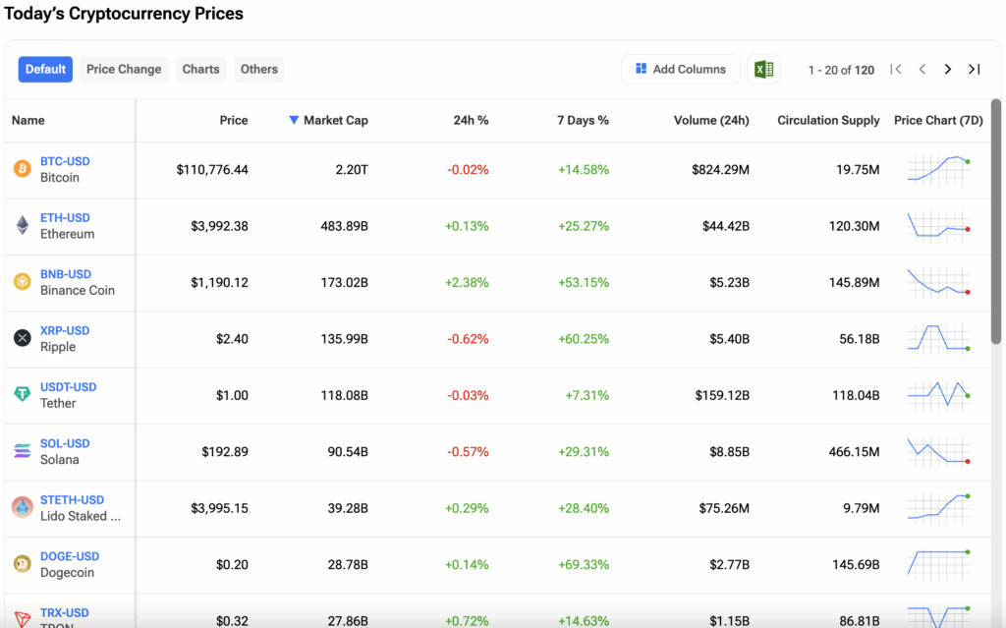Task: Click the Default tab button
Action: click(x=45, y=69)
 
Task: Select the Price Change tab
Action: click(x=124, y=69)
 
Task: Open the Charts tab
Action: click(x=200, y=69)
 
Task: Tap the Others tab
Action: click(x=259, y=69)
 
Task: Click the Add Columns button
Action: click(x=681, y=69)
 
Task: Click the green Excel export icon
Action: click(x=763, y=69)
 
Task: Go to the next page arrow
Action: click(x=948, y=69)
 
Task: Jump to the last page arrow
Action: click(x=974, y=69)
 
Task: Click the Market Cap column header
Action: click(x=335, y=120)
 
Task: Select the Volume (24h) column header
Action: click(x=711, y=120)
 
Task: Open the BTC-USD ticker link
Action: click(x=65, y=161)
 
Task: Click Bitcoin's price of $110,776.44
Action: click(x=212, y=170)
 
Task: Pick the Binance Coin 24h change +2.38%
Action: click(x=467, y=282)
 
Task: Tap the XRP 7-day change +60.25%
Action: click(x=584, y=339)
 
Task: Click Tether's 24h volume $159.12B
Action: click(x=720, y=395)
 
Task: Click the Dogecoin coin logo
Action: click(x=22, y=564)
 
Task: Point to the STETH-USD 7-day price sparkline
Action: click(x=939, y=507)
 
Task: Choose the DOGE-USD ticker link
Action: click(x=70, y=556)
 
